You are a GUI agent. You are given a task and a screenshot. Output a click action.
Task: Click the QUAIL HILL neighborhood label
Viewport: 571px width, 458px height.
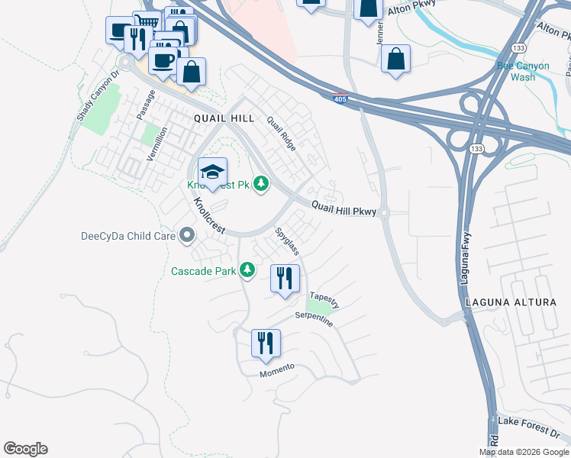point(223,118)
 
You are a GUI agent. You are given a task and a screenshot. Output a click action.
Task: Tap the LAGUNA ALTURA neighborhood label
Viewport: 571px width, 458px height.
point(511,303)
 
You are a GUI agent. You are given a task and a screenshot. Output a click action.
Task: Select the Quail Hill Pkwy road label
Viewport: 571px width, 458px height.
point(344,208)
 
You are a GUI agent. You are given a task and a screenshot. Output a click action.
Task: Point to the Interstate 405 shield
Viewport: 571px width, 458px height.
point(341,98)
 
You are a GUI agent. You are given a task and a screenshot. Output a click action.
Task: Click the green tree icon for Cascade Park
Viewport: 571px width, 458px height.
point(247,270)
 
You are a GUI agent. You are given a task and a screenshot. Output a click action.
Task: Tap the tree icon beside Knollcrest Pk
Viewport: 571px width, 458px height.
point(261,184)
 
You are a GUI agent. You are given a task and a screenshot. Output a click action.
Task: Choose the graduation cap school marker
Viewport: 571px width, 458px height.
point(213,171)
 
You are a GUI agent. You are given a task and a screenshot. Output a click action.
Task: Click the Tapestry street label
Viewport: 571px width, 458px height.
point(324,299)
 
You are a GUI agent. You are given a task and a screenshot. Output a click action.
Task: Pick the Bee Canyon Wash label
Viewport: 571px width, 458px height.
point(523,72)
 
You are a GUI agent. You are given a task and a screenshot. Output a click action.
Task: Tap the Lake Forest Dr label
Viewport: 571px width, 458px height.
point(527,421)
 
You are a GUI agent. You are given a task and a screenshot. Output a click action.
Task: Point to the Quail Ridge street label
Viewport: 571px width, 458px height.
point(281,134)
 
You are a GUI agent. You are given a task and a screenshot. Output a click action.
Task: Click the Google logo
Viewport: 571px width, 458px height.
point(25,449)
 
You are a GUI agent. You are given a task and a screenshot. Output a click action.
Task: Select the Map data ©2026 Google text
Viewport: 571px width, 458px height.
point(524,452)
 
